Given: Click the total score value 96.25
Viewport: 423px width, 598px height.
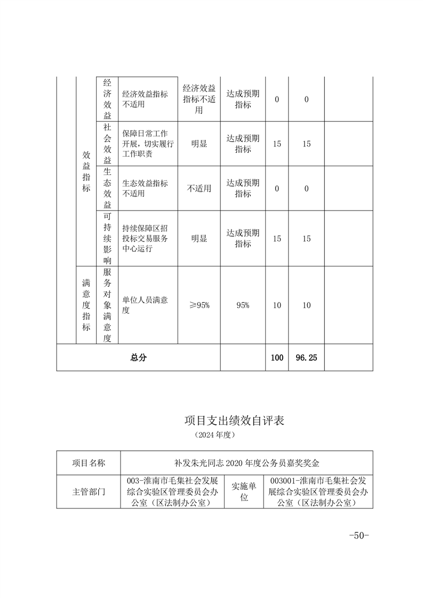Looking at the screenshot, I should (306, 358).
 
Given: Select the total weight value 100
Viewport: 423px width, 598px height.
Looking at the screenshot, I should (277, 358).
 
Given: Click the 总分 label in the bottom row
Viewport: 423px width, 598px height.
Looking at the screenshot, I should (138, 358).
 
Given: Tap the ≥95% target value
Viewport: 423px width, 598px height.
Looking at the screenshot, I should (199, 305).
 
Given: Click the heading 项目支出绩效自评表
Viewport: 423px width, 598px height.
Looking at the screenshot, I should (234, 421).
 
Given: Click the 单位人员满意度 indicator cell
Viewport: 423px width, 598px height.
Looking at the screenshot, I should (145, 305).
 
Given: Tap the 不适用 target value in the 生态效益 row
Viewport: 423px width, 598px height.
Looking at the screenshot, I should (199, 189).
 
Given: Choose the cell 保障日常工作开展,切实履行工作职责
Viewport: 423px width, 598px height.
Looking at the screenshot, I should (145, 144).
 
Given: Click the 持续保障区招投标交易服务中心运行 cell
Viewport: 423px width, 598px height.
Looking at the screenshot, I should (145, 239).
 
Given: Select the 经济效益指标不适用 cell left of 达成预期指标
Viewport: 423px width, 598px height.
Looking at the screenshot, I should (199, 99).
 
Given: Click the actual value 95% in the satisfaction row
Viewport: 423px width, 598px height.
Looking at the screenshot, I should (243, 305).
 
